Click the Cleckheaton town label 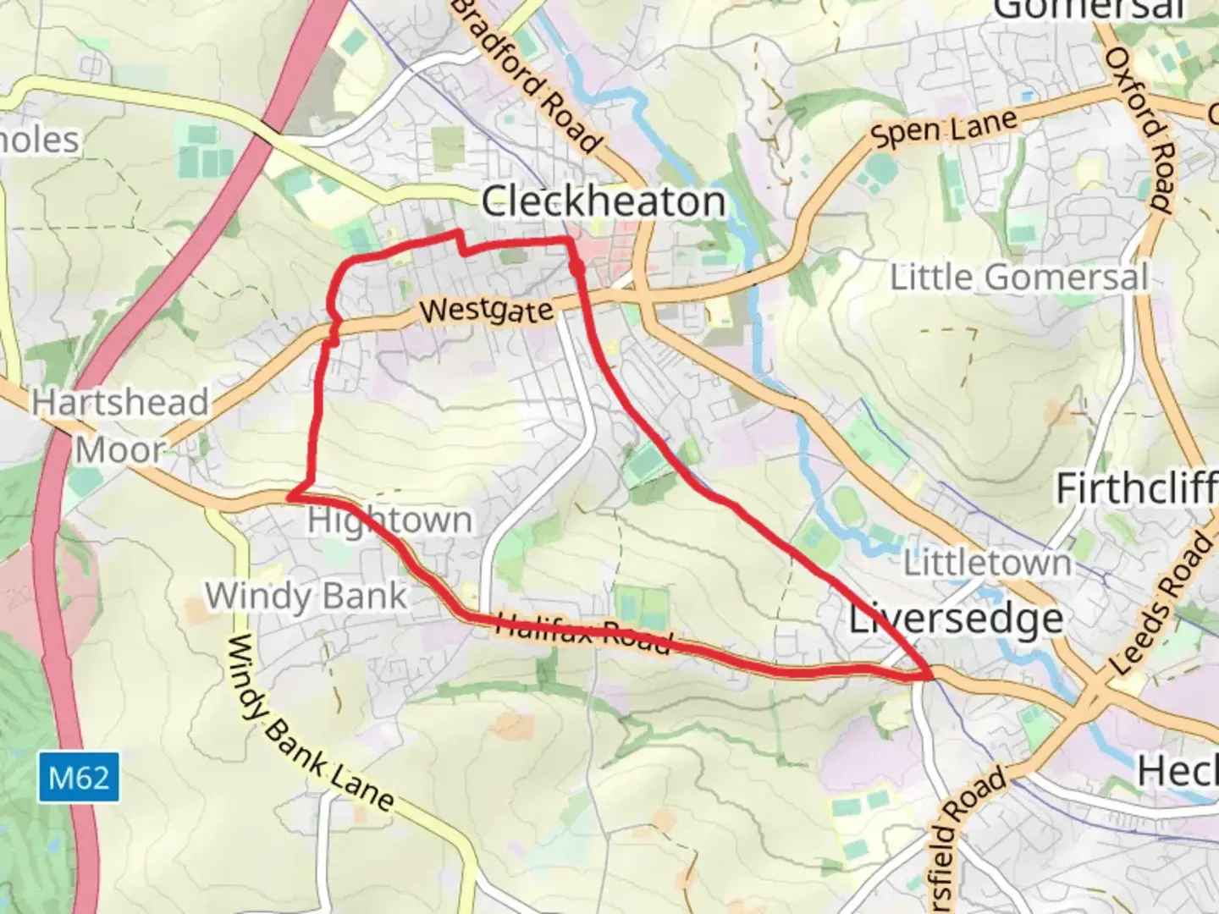tap(604, 202)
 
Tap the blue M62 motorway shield tap(79, 777)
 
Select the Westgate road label tap(487, 311)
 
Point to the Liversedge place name tap(957, 619)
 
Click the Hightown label tap(390, 520)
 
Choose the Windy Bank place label tap(306, 596)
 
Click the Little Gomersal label tap(1018, 278)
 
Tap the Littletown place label tap(987, 563)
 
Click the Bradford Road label tap(528, 76)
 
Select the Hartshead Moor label tap(120, 426)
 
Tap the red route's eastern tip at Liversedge tap(930, 674)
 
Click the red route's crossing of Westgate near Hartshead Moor tap(333, 326)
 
